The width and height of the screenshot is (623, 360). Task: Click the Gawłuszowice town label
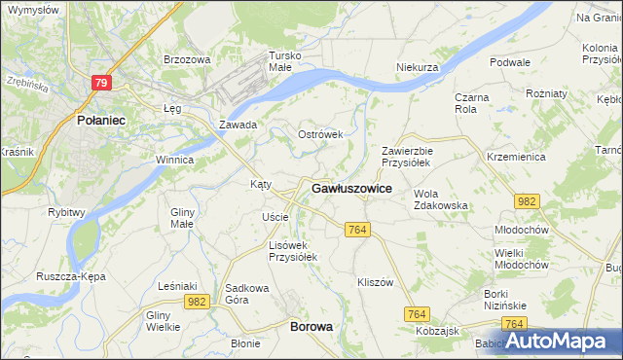tap(351, 189)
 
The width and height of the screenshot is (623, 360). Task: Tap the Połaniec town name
tap(98, 121)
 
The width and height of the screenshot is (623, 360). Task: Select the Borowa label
tap(311, 327)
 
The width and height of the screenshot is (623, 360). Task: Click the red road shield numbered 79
tap(101, 83)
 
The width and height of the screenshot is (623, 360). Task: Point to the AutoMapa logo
tap(557, 341)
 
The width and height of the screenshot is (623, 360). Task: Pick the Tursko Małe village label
tap(288, 61)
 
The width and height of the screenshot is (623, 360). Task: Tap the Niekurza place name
tap(419, 67)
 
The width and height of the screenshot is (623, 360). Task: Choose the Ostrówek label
tap(320, 134)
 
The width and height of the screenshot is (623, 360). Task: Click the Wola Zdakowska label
tap(441, 199)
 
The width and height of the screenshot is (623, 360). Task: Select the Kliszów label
tap(375, 282)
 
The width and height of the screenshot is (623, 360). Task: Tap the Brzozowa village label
tap(187, 59)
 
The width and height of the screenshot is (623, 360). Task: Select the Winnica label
tap(175, 160)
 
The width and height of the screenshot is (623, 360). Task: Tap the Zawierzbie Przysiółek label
tap(406, 158)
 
